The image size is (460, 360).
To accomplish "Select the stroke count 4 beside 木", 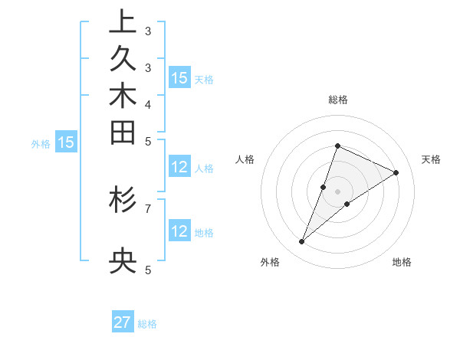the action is [148, 104].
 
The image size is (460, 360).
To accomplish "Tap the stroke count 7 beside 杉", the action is [148, 208].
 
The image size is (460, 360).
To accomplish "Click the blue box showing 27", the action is [123, 322].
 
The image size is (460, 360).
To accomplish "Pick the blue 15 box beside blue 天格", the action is [179, 78].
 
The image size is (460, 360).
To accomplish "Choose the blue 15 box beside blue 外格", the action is [66, 142].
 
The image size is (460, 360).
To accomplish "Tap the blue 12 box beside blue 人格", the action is [179, 168].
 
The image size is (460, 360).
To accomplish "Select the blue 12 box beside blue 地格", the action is [179, 232].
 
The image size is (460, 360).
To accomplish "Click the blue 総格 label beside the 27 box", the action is [148, 324].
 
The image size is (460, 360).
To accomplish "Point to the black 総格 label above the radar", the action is [337, 100].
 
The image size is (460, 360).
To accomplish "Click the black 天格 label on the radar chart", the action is [431, 159].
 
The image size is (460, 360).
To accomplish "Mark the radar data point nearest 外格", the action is [302, 242].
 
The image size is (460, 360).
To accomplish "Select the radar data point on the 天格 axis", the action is [396, 173].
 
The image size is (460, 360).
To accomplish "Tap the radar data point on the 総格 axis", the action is [337, 146].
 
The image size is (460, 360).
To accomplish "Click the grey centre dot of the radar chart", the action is [337, 191].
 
